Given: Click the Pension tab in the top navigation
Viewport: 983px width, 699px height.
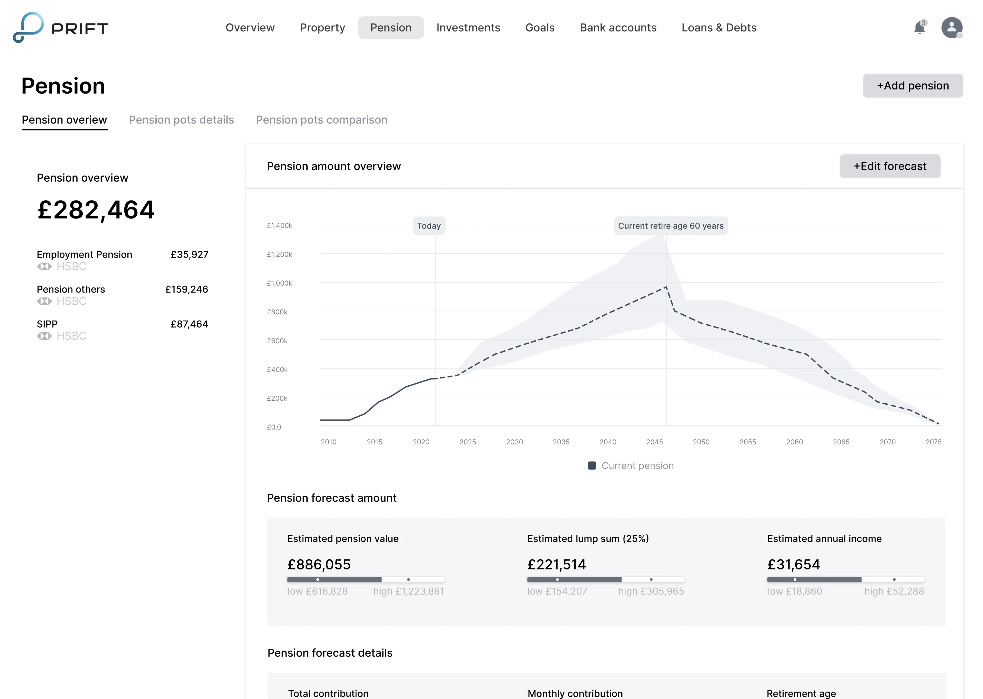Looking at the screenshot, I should [390, 28].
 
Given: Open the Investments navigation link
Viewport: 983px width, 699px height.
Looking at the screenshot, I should [468, 28].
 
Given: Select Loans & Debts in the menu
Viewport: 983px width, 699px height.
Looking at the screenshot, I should [719, 28].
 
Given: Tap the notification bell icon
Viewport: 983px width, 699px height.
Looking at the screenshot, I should [919, 28].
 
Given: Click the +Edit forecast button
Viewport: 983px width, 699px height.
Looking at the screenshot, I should [890, 166].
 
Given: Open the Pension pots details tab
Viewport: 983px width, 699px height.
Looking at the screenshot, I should [181, 120].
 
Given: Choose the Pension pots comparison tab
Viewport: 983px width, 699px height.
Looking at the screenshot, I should [321, 120].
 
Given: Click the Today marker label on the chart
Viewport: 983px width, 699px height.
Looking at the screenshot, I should [429, 226].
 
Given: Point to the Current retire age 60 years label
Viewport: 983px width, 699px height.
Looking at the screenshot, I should [670, 226].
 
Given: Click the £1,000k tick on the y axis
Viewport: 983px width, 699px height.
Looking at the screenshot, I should [280, 283].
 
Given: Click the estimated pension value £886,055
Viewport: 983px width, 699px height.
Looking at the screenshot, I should [319, 564].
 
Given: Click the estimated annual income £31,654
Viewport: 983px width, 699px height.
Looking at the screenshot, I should [793, 564].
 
